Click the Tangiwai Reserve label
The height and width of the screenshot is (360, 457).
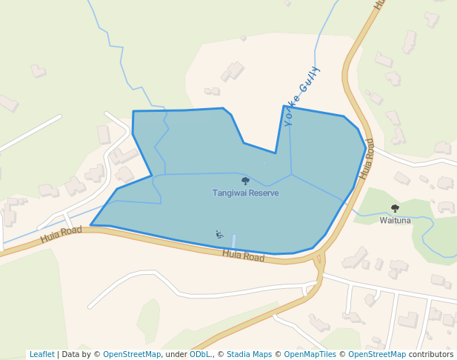tap(245, 193)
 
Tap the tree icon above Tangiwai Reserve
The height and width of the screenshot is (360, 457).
tap(245, 181)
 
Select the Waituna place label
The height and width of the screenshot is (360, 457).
tap(395, 220)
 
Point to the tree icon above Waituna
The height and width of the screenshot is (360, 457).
tap(395, 208)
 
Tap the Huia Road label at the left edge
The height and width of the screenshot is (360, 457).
tap(61, 235)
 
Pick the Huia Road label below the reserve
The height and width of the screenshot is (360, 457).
tap(244, 256)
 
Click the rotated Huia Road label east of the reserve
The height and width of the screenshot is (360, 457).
tap(367, 159)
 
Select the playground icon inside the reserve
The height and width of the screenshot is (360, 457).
tap(219, 235)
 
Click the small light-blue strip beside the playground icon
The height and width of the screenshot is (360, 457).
tap(234, 242)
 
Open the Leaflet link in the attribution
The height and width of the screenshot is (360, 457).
tap(41, 354)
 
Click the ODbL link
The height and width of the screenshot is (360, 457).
tap(200, 354)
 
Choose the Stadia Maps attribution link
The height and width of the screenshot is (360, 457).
tap(249, 354)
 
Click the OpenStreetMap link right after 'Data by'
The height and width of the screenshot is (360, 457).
tap(132, 354)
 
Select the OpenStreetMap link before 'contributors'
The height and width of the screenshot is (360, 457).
tap(377, 354)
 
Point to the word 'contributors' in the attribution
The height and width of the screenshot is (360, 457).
tap(431, 354)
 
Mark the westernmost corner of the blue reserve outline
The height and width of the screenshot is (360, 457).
tap(90, 225)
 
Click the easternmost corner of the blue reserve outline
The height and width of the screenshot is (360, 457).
tap(366, 148)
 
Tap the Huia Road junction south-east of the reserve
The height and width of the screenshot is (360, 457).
tap(319, 259)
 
